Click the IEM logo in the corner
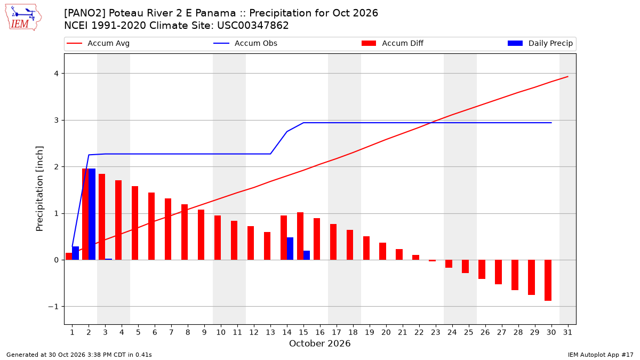tap(23, 17)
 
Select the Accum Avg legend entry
tap(98, 43)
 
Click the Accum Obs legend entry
tap(245, 43)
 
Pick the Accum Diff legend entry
tap(393, 43)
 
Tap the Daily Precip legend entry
tap(540, 43)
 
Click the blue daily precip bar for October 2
tap(92, 214)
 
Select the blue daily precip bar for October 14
tap(290, 249)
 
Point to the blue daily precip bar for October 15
tap(307, 255)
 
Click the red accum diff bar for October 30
tap(548, 281)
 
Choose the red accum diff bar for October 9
tap(201, 235)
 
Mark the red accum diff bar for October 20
tap(383, 251)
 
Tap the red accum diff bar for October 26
tap(482, 269)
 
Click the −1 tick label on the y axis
tap(53, 307)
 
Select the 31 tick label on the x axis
tap(567, 332)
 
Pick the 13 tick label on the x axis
tap(270, 332)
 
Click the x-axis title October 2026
tap(319, 343)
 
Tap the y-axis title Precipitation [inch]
tap(39, 189)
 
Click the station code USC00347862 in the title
tap(253, 26)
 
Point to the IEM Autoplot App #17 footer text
tap(601, 355)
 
